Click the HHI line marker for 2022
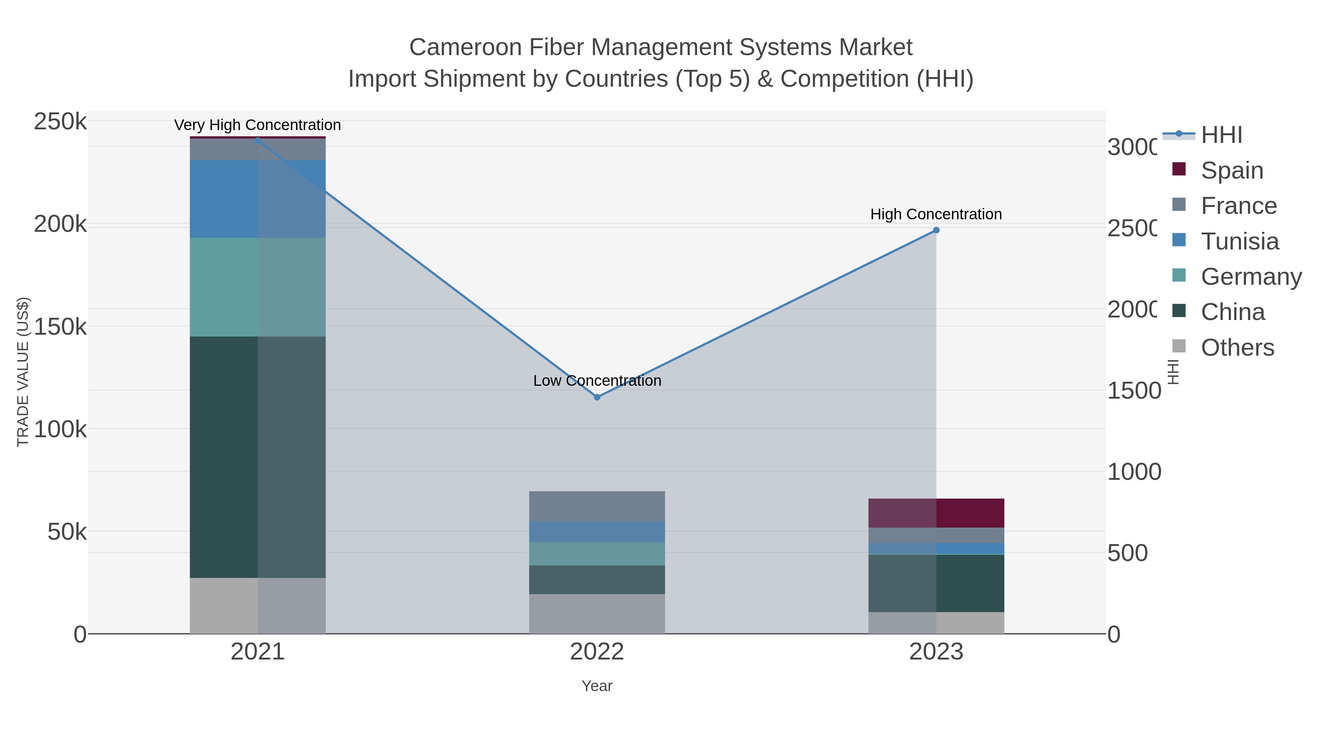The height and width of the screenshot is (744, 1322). pyautogui.click(x=597, y=397)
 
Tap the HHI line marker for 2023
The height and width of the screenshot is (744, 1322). pyautogui.click(x=936, y=230)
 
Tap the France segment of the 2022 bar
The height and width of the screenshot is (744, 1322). pyautogui.click(x=597, y=506)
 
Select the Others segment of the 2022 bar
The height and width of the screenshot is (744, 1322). pyautogui.click(x=597, y=614)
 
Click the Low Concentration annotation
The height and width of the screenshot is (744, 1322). pyautogui.click(x=597, y=381)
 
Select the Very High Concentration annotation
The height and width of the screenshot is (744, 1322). pyautogui.click(x=258, y=125)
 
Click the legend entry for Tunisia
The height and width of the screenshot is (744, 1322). pyautogui.click(x=1240, y=241)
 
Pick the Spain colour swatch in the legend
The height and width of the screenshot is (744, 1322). pyautogui.click(x=1179, y=169)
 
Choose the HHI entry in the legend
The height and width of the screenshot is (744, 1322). pyautogui.click(x=1221, y=135)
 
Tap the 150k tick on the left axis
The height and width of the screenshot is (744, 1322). pyautogui.click(x=60, y=327)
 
